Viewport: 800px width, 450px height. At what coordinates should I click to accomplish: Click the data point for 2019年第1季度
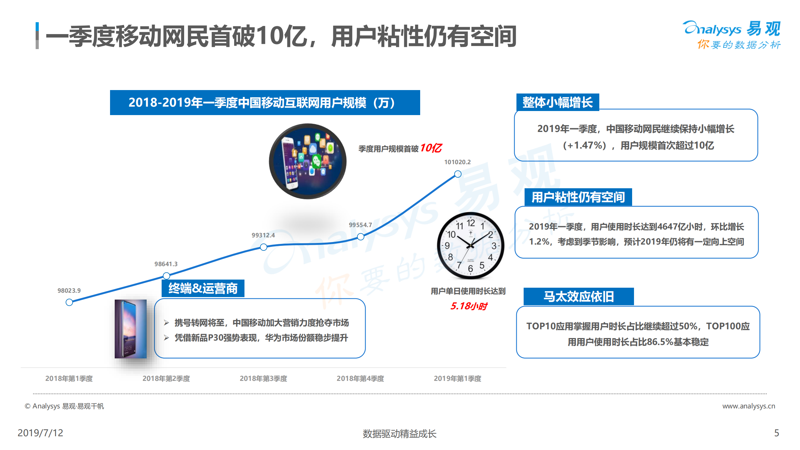click(458, 174)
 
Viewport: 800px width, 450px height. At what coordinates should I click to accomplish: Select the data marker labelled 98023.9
click(69, 302)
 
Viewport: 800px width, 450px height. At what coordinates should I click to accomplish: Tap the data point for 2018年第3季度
click(264, 247)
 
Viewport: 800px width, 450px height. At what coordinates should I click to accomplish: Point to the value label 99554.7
click(360, 225)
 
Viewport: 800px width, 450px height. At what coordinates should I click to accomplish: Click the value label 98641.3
click(166, 264)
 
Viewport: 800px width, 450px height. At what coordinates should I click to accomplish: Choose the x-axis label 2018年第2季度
click(166, 378)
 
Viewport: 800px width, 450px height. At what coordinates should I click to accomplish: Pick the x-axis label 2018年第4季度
click(360, 378)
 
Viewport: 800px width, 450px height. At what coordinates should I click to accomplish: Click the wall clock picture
click(470, 245)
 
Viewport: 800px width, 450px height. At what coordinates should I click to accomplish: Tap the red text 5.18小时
click(468, 306)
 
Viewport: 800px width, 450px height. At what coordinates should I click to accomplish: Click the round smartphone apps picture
click(308, 161)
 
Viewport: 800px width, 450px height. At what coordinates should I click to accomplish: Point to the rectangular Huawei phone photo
click(130, 329)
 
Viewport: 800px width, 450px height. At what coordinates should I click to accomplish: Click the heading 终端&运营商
click(203, 288)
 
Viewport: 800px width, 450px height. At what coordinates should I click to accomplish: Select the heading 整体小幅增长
click(557, 102)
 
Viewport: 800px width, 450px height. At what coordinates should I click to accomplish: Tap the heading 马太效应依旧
click(578, 296)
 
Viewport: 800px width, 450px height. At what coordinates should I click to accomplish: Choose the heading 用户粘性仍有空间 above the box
click(578, 197)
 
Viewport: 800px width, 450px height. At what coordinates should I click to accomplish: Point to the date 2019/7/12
click(40, 433)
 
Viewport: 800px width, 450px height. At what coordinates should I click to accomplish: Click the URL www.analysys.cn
click(748, 406)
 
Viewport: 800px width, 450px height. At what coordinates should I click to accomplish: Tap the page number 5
click(776, 433)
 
